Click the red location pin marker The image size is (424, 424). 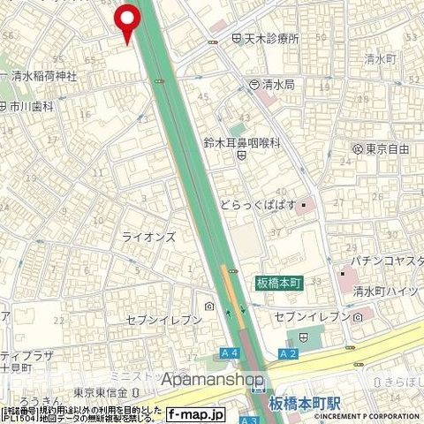click(x=129, y=21)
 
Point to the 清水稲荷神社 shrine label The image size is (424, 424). click(x=44, y=77)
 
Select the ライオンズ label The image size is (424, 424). click(x=148, y=238)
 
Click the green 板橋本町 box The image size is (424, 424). click(x=279, y=282)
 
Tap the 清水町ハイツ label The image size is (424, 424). click(x=384, y=291)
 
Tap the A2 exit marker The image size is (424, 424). click(x=288, y=352)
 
